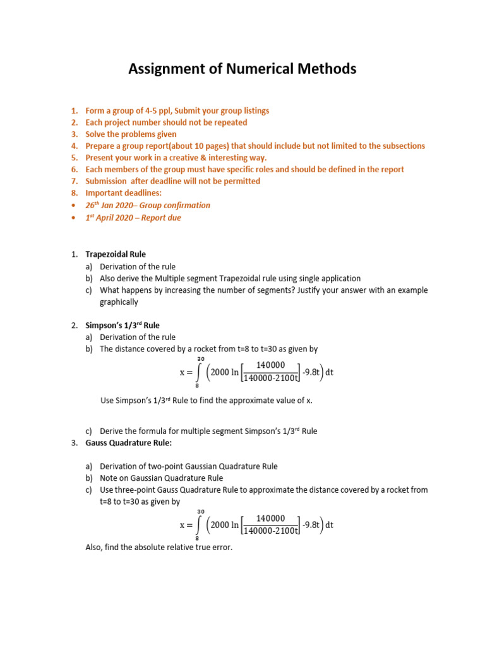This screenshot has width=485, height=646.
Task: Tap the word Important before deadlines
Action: (104, 193)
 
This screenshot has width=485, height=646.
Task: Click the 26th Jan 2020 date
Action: (110, 205)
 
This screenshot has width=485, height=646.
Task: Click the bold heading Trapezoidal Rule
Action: (116, 254)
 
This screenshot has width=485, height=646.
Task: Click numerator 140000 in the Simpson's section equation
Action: (272, 365)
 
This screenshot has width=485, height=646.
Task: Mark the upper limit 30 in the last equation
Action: (201, 511)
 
